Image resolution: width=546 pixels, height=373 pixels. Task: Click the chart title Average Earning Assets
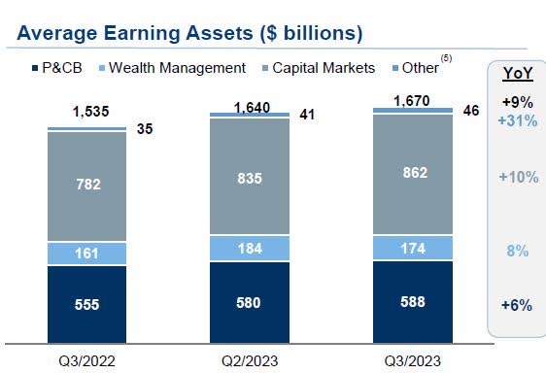(185, 33)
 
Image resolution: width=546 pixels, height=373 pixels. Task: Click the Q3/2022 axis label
(87, 358)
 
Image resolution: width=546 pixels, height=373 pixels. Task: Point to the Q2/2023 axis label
(250, 358)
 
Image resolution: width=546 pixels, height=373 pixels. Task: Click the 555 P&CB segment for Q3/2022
(87, 303)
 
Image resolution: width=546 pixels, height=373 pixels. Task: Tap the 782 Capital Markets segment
(87, 186)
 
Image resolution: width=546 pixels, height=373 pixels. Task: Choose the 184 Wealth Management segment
(250, 249)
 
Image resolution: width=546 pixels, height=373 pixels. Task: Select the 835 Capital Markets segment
(250, 177)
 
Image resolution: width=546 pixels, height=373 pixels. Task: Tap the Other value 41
(306, 114)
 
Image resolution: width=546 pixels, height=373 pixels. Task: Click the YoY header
(518, 74)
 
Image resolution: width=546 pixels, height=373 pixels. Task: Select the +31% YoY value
(518, 120)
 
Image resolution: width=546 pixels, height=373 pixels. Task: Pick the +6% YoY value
(518, 304)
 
